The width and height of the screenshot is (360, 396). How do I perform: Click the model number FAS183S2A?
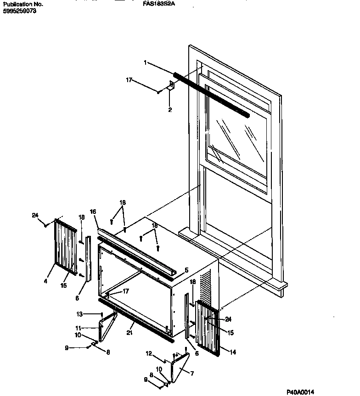[x=159, y=4]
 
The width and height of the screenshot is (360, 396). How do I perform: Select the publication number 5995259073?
[x=19, y=10]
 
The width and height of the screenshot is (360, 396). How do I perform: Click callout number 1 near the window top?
[x=146, y=62]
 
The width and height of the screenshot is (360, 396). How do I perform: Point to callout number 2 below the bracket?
[x=169, y=110]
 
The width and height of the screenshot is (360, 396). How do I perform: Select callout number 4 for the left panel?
[x=45, y=281]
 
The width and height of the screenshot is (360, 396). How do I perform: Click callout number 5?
[x=186, y=270]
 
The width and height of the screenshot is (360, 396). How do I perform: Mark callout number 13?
[x=79, y=314]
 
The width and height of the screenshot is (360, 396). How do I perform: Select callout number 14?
[x=233, y=352]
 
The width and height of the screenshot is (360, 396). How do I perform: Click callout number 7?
[x=192, y=374]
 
